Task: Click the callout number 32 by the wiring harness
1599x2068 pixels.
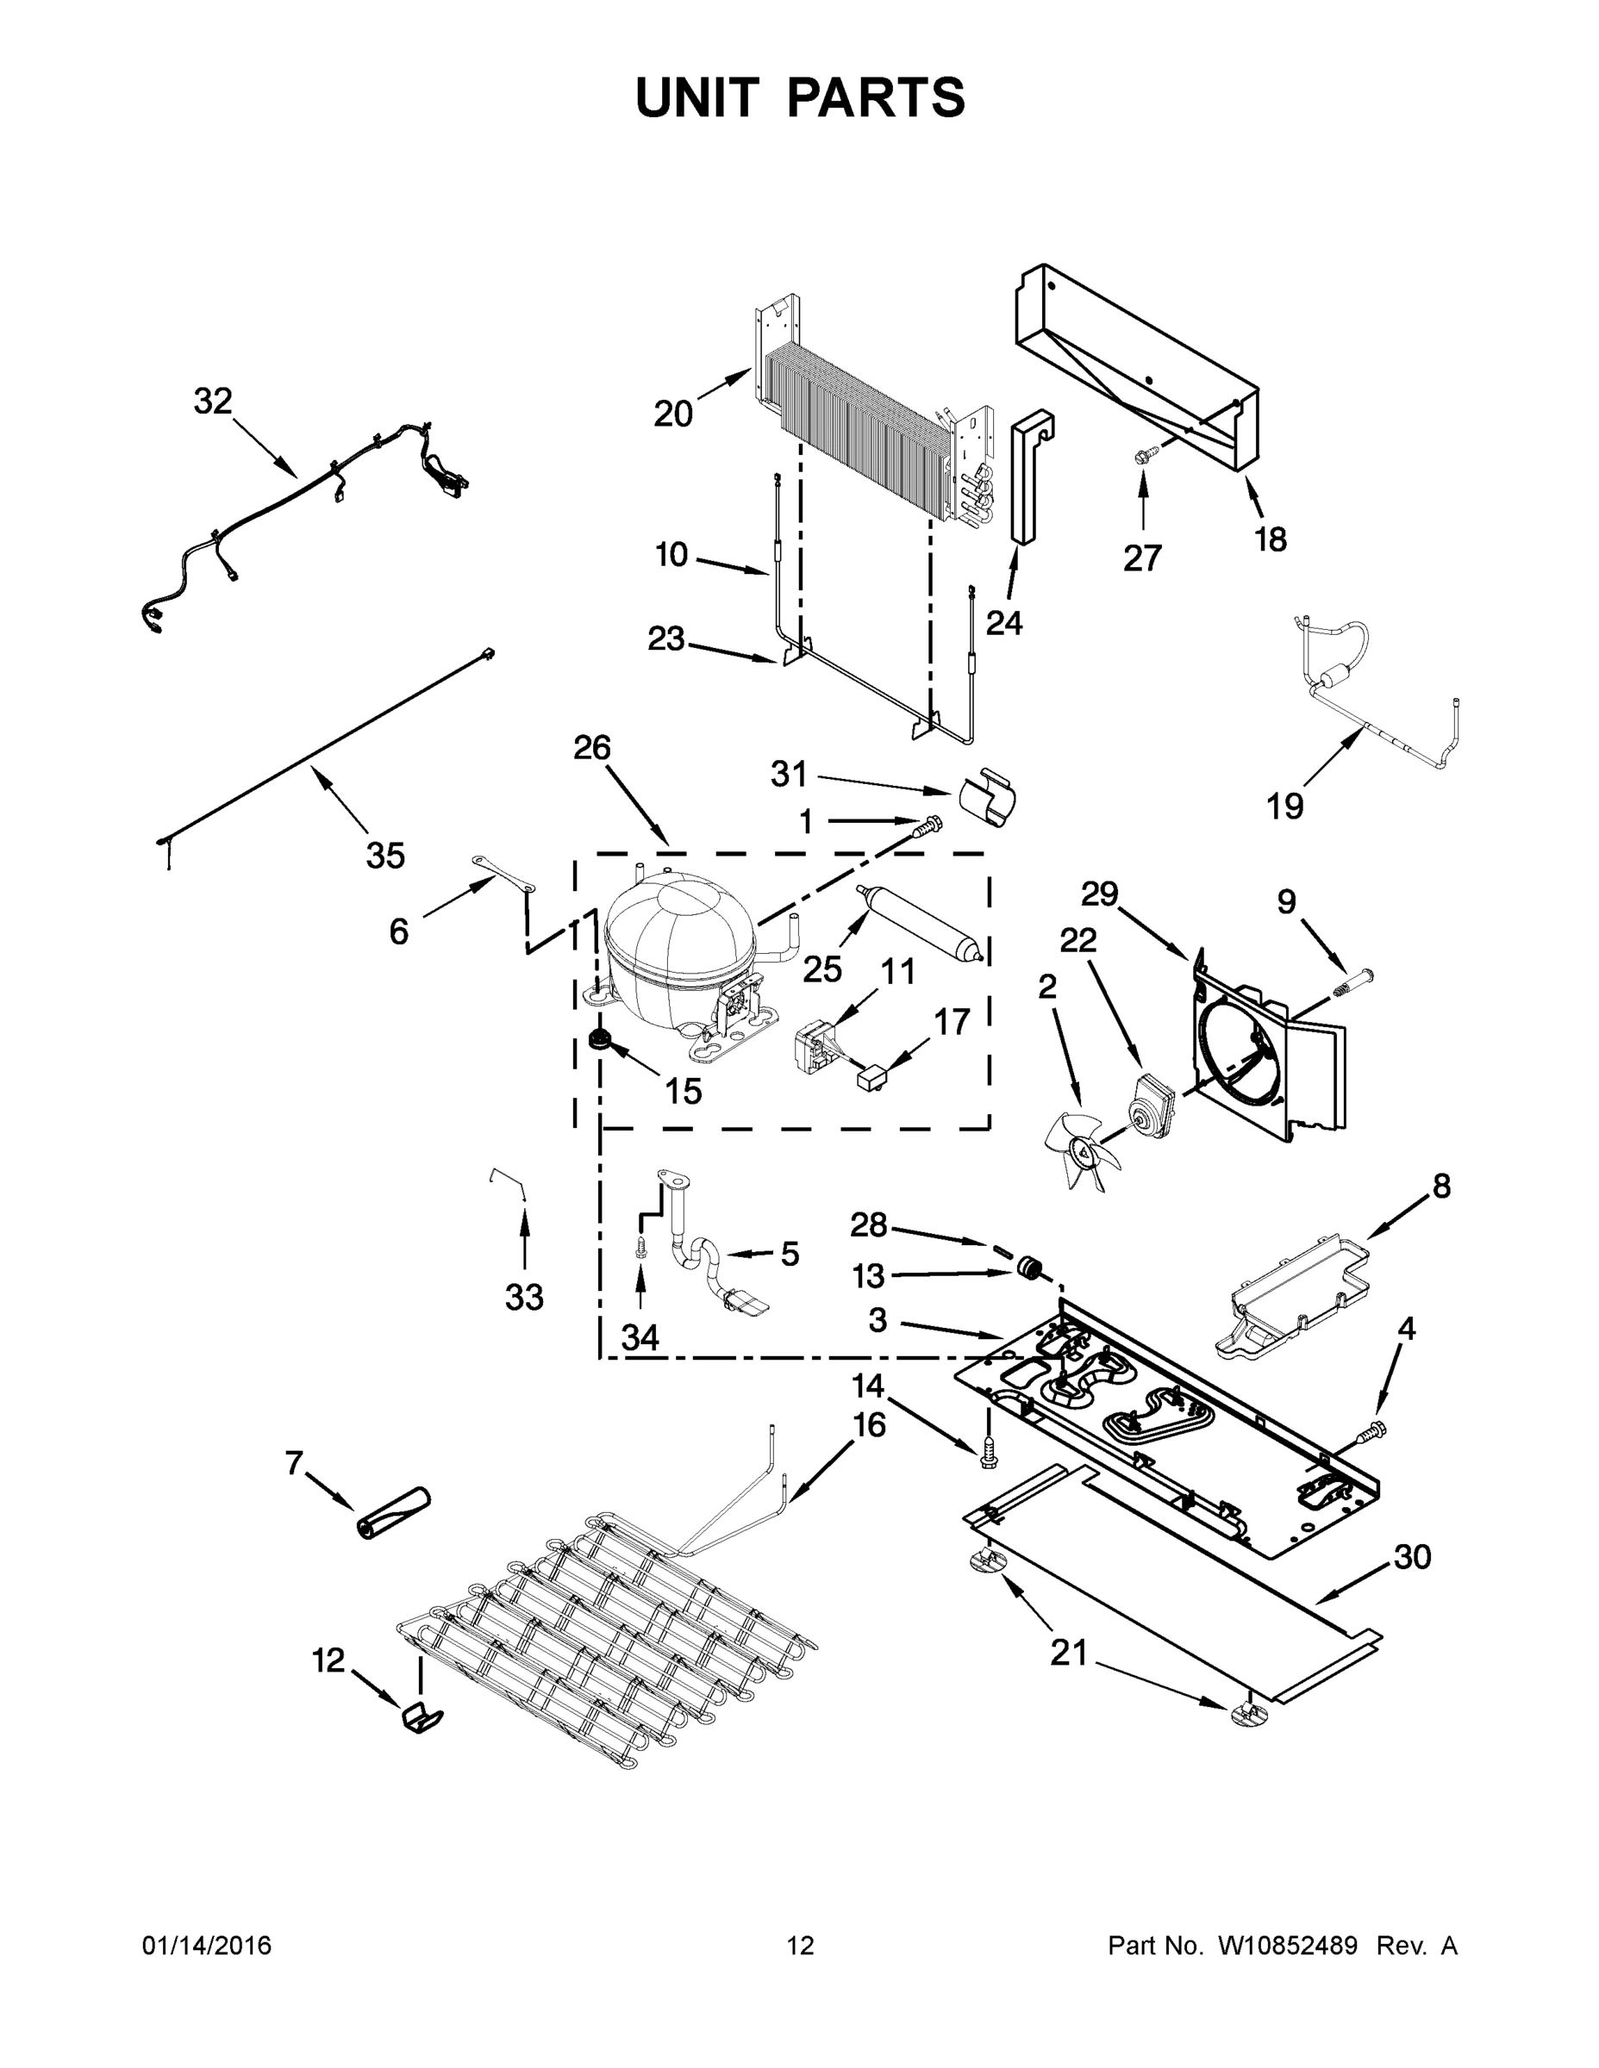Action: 212,402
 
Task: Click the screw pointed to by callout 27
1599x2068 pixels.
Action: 1141,458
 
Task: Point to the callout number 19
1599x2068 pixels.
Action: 1284,807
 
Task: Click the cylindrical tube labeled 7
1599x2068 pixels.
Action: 392,1513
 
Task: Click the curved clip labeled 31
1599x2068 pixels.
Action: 987,797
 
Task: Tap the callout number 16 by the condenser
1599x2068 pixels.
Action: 869,1424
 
